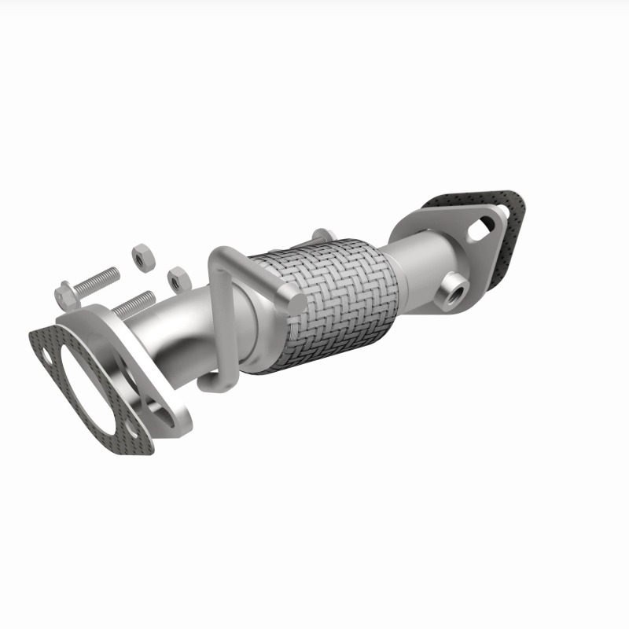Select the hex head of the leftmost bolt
[65, 294]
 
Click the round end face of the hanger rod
[292, 300]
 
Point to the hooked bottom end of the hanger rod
[211, 383]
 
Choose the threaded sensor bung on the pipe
[454, 289]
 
